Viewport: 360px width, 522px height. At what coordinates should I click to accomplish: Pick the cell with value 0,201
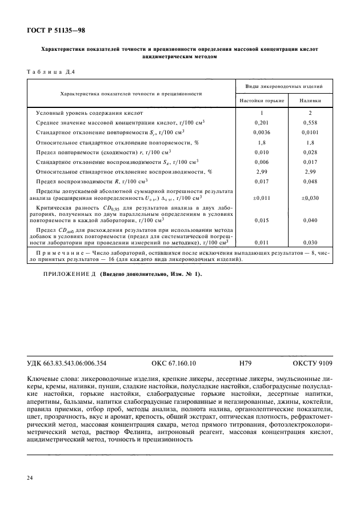click(x=261, y=122)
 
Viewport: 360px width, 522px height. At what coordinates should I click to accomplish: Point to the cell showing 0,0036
click(x=261, y=132)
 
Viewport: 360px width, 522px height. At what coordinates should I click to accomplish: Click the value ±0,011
click(x=261, y=198)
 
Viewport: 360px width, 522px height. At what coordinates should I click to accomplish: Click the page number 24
click(x=30, y=477)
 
